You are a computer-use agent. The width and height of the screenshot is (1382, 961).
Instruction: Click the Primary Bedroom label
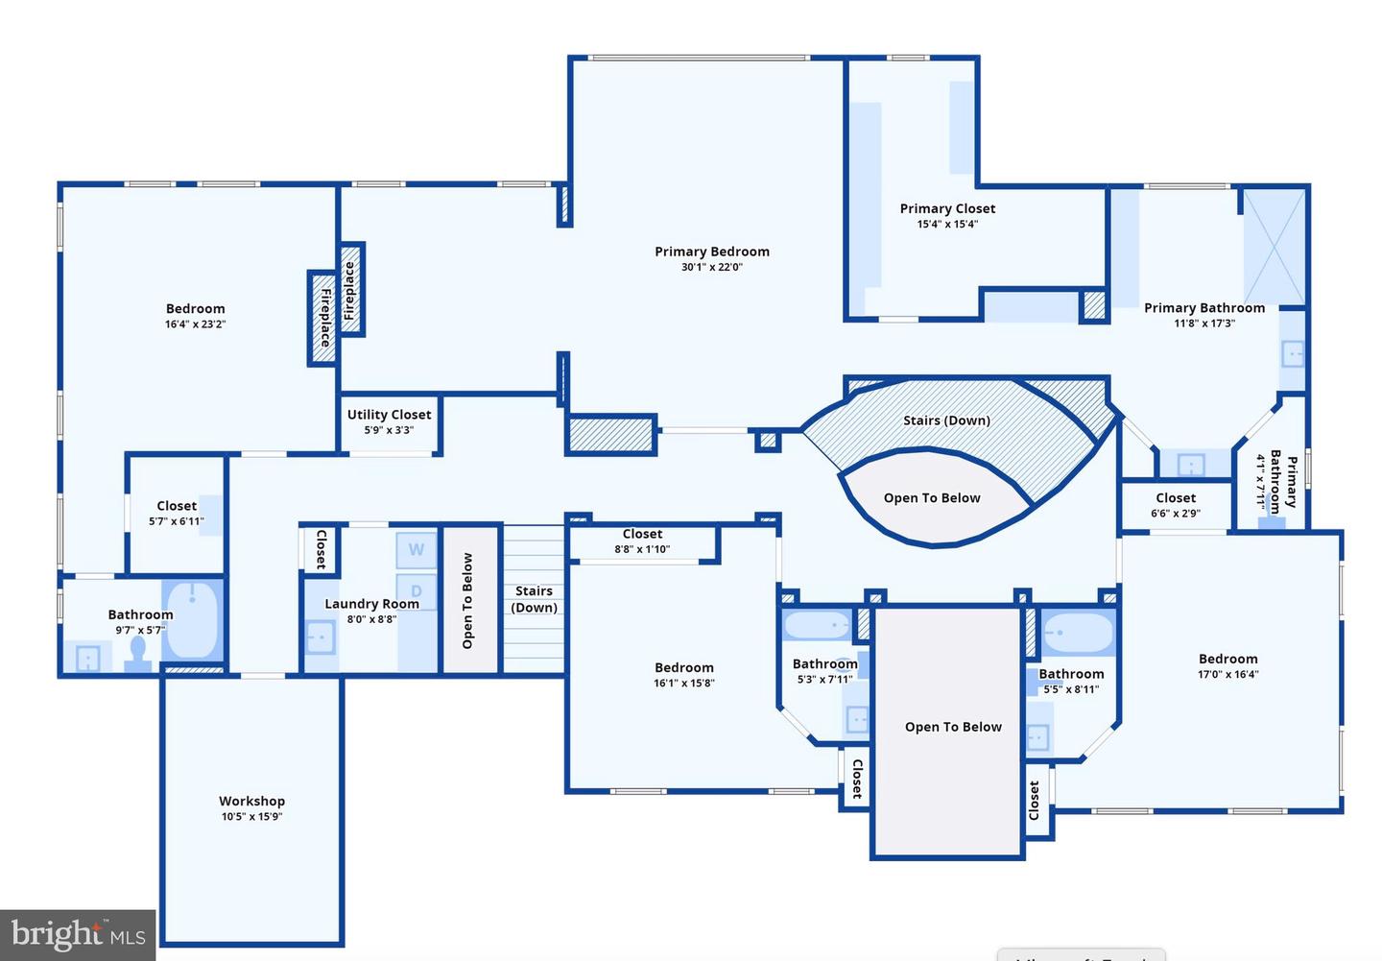click(712, 252)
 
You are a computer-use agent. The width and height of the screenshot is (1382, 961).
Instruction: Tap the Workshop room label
click(251, 801)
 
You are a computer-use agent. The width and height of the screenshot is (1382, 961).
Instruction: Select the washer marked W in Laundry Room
click(417, 550)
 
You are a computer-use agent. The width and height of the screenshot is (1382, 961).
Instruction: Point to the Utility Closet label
click(389, 415)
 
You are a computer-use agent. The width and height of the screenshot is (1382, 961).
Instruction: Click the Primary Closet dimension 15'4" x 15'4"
click(947, 225)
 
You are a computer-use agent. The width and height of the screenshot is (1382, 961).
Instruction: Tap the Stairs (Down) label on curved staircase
click(946, 420)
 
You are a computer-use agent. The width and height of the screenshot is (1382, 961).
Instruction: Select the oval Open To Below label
click(932, 497)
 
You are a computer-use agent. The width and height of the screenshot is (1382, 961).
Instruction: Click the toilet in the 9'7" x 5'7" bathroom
click(138, 653)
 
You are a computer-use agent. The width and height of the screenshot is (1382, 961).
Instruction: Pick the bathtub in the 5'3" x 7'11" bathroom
click(817, 626)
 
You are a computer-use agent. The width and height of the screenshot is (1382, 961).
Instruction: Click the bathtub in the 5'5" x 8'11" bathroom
click(1077, 634)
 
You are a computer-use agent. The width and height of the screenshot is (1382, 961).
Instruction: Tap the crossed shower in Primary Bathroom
click(1274, 247)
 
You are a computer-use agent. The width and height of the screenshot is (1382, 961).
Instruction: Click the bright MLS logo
click(78, 934)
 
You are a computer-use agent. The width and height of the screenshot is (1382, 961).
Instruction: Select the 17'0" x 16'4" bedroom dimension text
click(1227, 675)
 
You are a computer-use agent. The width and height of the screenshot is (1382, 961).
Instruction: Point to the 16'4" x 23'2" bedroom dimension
click(195, 324)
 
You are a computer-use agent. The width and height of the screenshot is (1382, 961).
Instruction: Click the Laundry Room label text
click(371, 604)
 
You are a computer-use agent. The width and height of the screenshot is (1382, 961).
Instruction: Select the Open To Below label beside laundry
click(468, 600)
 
